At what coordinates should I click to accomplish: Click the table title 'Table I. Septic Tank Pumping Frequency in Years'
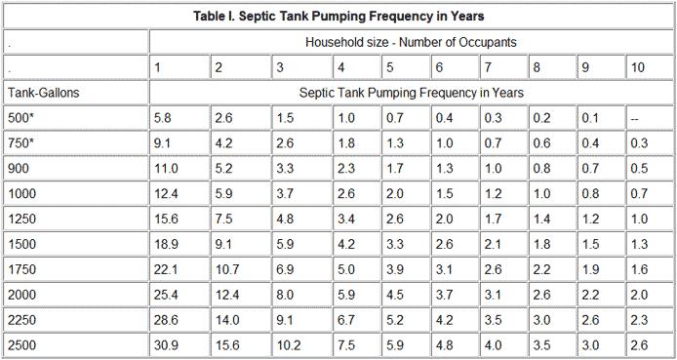pos(338,17)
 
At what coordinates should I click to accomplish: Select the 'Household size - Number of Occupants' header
pos(411,42)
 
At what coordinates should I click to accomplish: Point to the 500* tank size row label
pos(21,117)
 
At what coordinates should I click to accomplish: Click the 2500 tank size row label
pos(21,344)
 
